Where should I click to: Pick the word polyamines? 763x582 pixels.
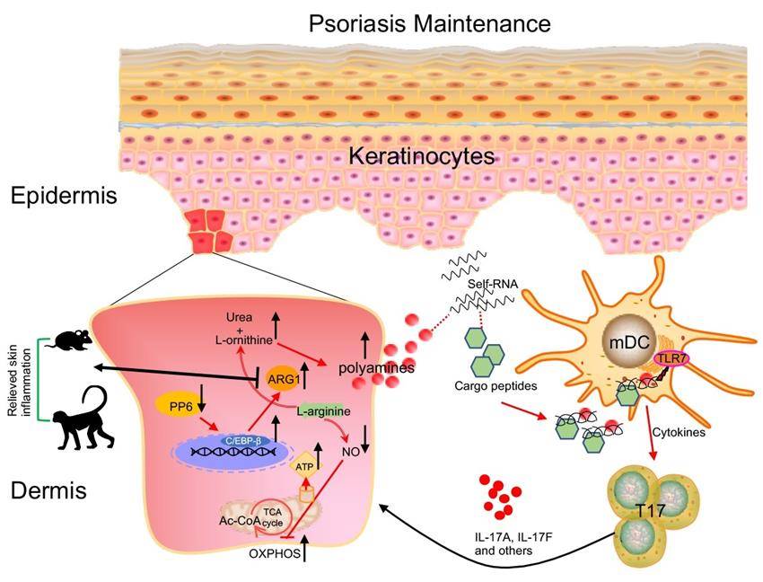point(375,368)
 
